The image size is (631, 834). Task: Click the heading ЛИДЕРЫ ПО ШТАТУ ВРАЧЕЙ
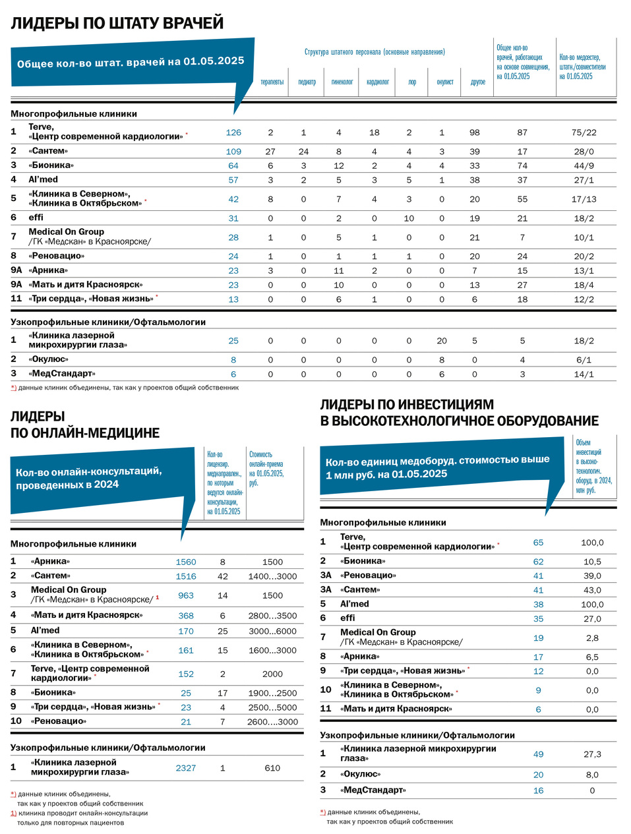tap(117, 24)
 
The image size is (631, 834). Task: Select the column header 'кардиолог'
tap(378, 82)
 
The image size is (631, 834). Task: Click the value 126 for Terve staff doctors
tap(233, 133)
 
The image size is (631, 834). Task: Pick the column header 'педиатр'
tap(307, 82)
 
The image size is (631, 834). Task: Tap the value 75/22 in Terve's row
tap(584, 133)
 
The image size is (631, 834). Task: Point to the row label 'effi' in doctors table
tap(36, 218)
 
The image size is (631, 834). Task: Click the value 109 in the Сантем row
tap(233, 152)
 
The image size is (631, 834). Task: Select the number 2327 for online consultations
tap(186, 768)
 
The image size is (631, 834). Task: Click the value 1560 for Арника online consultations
tap(186, 562)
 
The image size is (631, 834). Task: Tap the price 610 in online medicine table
tap(272, 768)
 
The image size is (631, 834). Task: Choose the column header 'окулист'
tap(445, 82)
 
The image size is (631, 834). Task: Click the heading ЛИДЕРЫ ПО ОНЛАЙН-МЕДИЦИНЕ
tap(85, 425)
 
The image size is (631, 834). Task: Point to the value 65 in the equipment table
tap(538, 543)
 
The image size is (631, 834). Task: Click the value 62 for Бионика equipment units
tap(538, 562)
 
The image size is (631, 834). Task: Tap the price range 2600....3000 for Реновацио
tap(272, 722)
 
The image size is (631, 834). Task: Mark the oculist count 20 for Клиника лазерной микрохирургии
tap(442, 341)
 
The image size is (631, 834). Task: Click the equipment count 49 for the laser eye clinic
tap(538, 754)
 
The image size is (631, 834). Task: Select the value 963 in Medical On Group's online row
tap(186, 595)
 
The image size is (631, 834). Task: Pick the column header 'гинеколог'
tap(342, 82)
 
